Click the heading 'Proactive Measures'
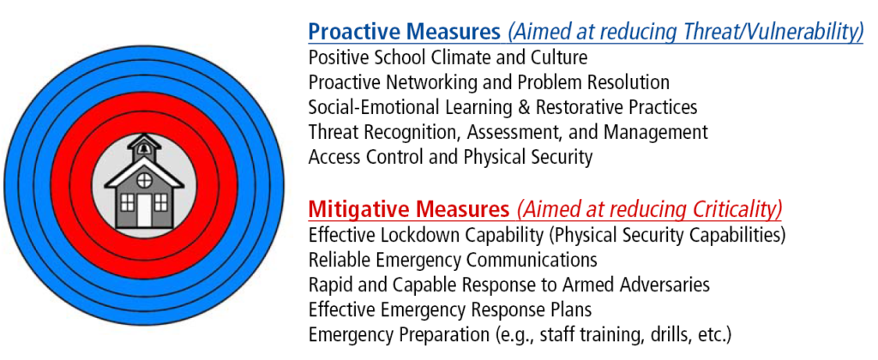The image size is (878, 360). (x=404, y=33)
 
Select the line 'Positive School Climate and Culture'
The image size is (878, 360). (x=448, y=58)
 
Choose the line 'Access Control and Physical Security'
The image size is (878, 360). (x=450, y=158)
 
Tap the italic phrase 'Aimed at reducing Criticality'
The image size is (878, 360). (x=648, y=209)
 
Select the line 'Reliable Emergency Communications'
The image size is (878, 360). (x=452, y=260)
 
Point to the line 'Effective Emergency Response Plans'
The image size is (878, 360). (x=449, y=309)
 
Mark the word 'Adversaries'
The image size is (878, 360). (x=665, y=285)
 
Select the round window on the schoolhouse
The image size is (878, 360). (x=143, y=180)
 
